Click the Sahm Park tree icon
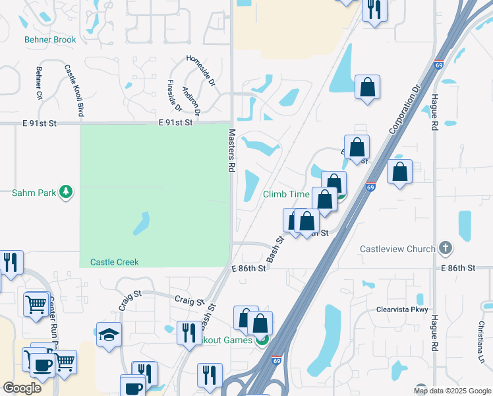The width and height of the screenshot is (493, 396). click(66, 193)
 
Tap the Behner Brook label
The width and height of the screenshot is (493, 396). click(50, 40)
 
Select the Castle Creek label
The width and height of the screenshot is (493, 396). click(115, 262)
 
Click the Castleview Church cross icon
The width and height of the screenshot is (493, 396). click(446, 248)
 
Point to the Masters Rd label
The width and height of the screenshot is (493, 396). click(232, 150)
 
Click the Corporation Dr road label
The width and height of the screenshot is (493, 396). click(405, 108)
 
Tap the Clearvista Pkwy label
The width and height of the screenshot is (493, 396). click(402, 310)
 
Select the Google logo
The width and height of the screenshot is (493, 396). click(22, 388)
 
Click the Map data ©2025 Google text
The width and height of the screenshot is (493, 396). click(451, 391)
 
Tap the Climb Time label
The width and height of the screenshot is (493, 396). click(286, 194)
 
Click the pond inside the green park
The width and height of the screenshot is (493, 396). click(142, 224)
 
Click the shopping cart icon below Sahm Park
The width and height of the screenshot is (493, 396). click(36, 304)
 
